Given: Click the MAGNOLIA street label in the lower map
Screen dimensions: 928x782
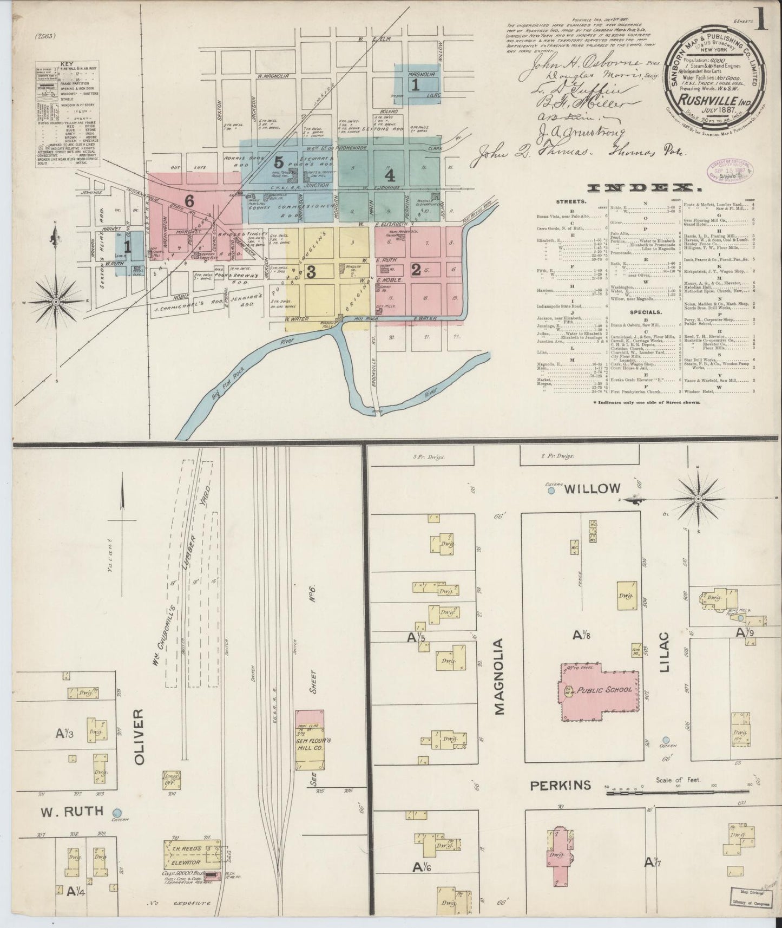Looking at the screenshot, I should pyautogui.click(x=498, y=677).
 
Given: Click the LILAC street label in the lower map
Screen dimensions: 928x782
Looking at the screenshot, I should pyautogui.click(x=665, y=651).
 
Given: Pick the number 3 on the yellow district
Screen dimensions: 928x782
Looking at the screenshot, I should pyautogui.click(x=311, y=272).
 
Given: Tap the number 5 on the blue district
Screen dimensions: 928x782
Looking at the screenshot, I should pyautogui.click(x=279, y=161).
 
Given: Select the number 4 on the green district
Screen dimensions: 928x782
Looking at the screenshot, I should pyautogui.click(x=390, y=175).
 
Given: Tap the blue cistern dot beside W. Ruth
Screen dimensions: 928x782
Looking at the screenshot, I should pyautogui.click(x=116, y=812).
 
